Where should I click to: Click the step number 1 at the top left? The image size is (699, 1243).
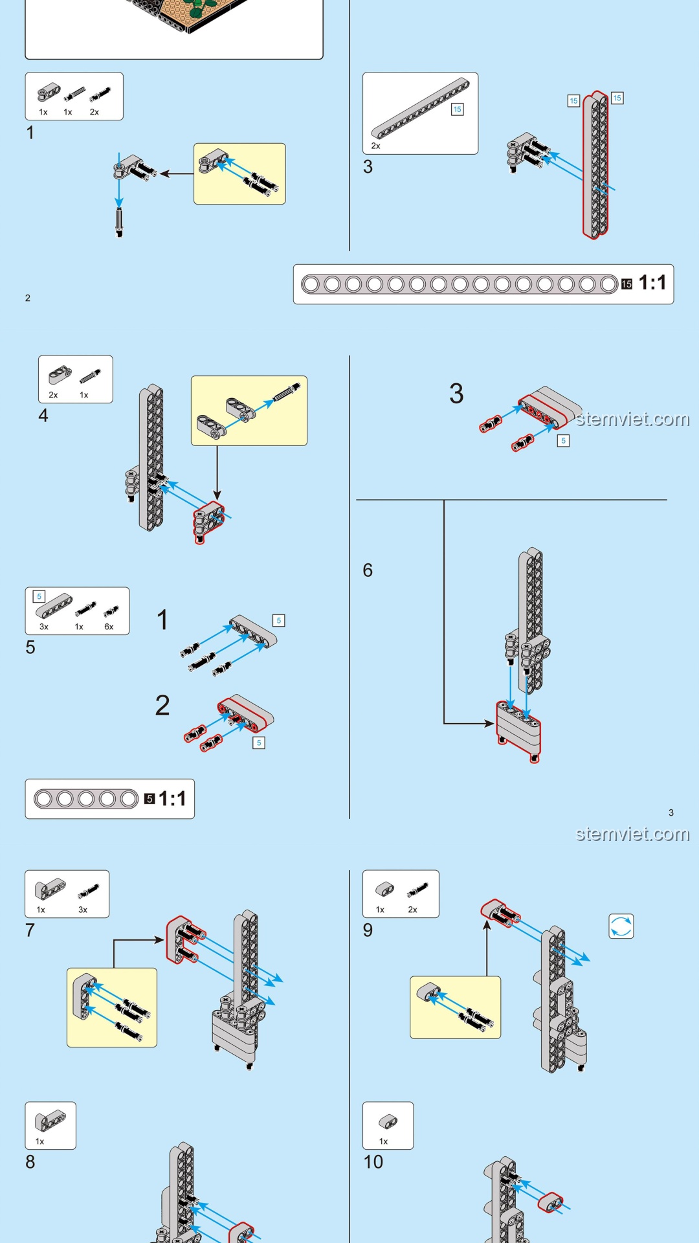coord(30,133)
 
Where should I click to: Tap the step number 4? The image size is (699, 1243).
coord(43,416)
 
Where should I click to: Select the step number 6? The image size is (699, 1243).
coord(368,570)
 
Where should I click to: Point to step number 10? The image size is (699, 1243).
coord(373,1162)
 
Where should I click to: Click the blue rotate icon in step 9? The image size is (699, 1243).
coord(621,926)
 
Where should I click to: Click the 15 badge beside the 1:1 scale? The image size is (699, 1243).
coord(627,284)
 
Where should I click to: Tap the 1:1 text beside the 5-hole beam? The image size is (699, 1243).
coord(172,799)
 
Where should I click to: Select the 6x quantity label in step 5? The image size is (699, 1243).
coord(109,627)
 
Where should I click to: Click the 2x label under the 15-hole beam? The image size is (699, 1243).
coord(375,146)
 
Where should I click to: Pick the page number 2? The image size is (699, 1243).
coord(28,298)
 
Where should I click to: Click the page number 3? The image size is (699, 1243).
coord(671,812)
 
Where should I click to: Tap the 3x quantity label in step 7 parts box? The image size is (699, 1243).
coord(83,910)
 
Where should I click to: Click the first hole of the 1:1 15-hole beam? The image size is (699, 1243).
coord(311,284)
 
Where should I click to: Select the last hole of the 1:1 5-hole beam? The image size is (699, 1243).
coord(129,799)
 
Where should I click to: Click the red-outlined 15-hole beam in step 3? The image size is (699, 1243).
coord(595,165)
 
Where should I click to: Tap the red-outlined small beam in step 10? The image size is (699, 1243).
coord(551,1202)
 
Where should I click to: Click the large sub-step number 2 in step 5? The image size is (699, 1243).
coord(162,706)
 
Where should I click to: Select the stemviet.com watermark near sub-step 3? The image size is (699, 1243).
coord(632,420)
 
